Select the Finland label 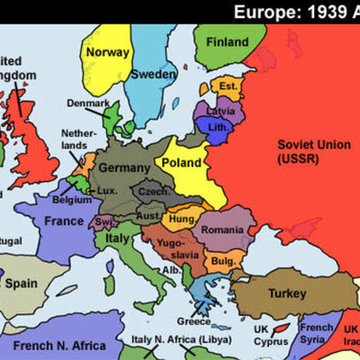point(227,41)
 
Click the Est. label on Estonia point(228,87)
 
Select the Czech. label point(152,193)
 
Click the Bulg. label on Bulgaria point(223,261)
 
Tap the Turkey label point(287,293)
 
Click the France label point(65,220)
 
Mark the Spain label point(22,283)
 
